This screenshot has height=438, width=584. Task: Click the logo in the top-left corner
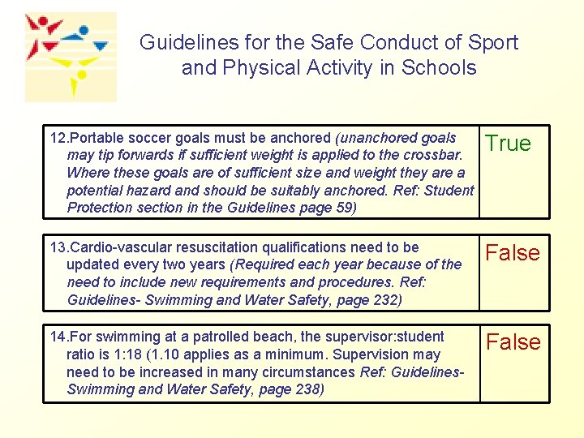pos(70,57)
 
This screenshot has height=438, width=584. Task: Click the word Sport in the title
pos(490,42)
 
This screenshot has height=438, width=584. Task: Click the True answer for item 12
pos(508,144)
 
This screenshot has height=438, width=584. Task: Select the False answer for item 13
pos(513,253)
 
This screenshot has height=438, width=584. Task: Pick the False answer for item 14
pos(513,342)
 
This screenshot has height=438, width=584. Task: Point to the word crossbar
pos(435,155)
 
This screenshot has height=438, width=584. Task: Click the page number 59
pos(343,208)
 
